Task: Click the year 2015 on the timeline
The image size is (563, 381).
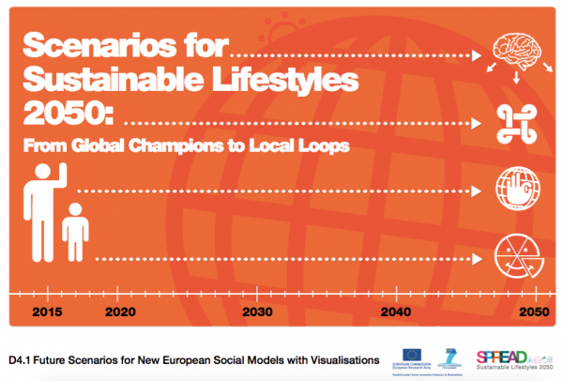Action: click(x=48, y=311)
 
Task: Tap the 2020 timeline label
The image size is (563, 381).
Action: click(x=119, y=311)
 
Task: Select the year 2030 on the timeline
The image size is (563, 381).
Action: click(x=257, y=311)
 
